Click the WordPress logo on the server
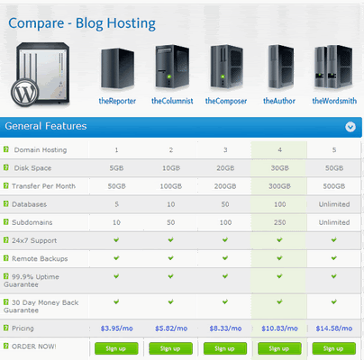click(x=25, y=93)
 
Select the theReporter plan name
click(x=117, y=101)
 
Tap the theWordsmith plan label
click(x=334, y=101)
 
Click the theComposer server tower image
click(x=227, y=67)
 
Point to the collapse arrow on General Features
click(x=350, y=127)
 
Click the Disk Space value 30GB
click(x=280, y=168)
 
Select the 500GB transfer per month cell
click(x=334, y=186)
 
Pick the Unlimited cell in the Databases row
click(x=334, y=204)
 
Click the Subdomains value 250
click(x=279, y=222)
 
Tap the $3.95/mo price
click(x=117, y=328)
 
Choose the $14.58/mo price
click(x=334, y=328)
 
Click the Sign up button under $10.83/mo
click(x=279, y=348)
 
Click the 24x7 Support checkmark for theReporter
click(x=116, y=239)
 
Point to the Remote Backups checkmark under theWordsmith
click(x=333, y=258)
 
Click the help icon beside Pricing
click(x=6, y=328)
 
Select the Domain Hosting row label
click(x=41, y=150)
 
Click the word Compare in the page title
click(x=36, y=23)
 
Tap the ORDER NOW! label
click(x=33, y=346)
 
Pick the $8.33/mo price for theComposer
click(x=225, y=328)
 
